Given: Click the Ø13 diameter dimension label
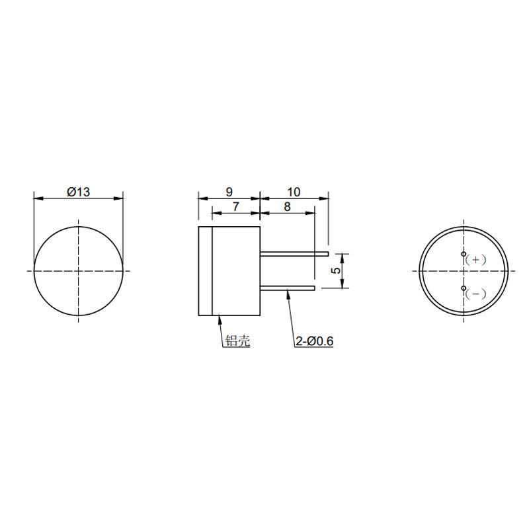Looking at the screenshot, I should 78,192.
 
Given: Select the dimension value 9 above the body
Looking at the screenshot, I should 229,192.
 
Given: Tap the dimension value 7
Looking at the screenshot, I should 236,206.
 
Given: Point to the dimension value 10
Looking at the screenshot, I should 294,192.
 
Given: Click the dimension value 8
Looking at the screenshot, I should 287,206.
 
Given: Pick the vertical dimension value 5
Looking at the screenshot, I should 336,270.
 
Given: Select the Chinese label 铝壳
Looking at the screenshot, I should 237,341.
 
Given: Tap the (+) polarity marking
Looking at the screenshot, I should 476,260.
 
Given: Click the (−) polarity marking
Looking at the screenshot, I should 476,294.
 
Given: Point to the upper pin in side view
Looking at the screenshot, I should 294,253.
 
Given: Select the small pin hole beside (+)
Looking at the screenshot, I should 464,255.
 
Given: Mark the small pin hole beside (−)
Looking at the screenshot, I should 464,288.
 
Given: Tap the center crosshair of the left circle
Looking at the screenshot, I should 79,270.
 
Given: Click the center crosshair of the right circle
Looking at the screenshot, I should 464,270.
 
